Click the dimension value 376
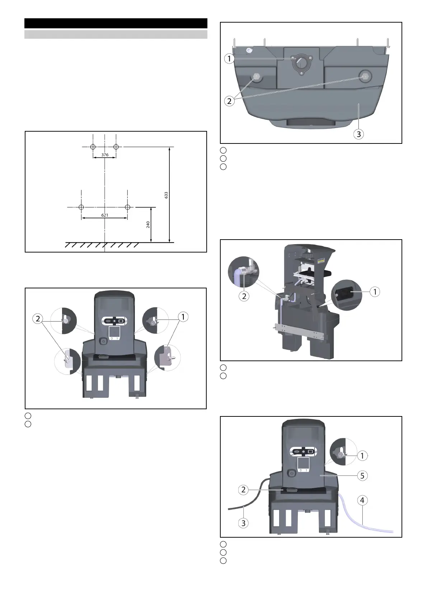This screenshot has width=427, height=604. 105,155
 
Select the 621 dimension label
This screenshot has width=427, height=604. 105,215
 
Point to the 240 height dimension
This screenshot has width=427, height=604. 148,225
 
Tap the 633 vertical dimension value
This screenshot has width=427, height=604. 166,195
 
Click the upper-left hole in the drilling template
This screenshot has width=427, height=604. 93,147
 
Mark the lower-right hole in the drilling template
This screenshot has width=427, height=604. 128,207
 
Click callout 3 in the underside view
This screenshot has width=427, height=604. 358,134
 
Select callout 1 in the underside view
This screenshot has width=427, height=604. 229,58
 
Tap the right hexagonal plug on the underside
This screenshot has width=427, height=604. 365,77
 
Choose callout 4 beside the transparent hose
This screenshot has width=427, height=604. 362,500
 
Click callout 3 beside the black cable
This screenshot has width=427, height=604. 243,523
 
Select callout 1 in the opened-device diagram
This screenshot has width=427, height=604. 375,292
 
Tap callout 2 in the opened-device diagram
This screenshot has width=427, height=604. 244,296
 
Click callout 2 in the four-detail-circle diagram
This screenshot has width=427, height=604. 38,319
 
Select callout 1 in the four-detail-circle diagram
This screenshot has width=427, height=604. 183,317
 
